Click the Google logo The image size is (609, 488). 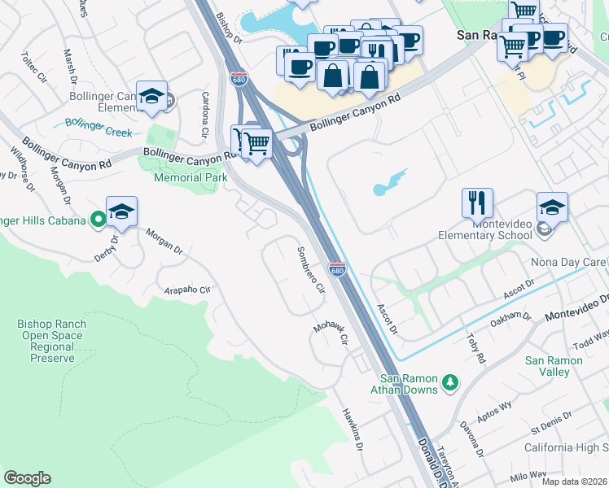point(28,477)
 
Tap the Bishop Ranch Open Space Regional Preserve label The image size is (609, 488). point(52,341)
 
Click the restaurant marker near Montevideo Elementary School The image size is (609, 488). point(477,203)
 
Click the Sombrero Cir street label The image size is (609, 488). point(310,269)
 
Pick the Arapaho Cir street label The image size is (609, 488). point(187,290)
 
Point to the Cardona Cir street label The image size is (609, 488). point(205,115)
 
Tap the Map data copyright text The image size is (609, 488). point(573,481)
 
